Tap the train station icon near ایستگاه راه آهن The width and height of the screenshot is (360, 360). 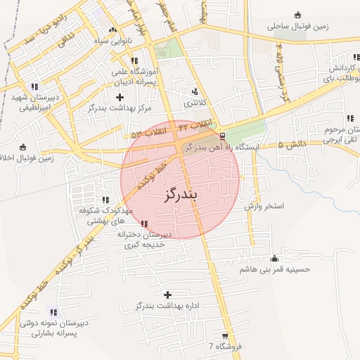[x=223, y=136]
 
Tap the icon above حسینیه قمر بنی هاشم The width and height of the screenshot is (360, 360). [x=274, y=257]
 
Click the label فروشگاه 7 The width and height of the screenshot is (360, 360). [x=225, y=347]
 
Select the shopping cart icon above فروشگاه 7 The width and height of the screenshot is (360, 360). [x=225, y=336]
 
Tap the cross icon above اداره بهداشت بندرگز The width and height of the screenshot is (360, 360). [x=167, y=295]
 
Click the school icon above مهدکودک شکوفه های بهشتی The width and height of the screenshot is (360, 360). [x=105, y=200]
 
